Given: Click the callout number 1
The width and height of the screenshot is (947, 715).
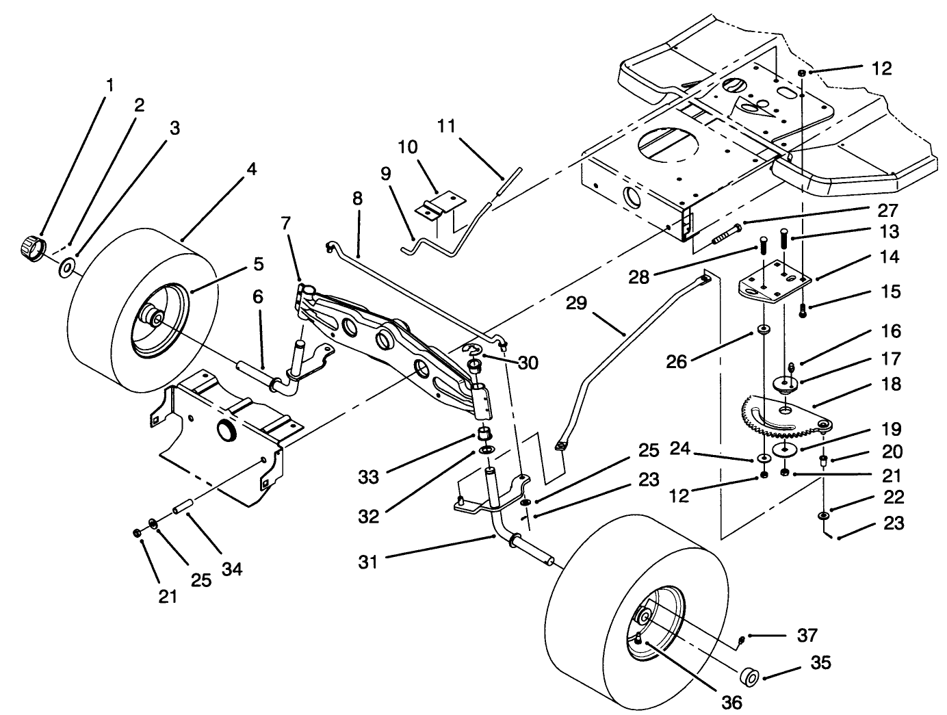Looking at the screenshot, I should [x=109, y=86].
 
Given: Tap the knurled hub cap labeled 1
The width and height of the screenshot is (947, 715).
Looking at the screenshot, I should [x=30, y=244].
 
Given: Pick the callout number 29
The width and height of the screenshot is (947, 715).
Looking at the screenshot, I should [x=577, y=302].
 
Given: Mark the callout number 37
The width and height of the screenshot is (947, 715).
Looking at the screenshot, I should [x=807, y=636].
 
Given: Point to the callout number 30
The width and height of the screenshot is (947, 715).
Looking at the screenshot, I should [x=528, y=363].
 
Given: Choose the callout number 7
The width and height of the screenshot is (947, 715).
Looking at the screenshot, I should [x=286, y=223].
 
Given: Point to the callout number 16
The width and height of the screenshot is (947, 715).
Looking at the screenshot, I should [x=891, y=332].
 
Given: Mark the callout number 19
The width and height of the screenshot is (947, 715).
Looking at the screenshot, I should [x=891, y=430].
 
